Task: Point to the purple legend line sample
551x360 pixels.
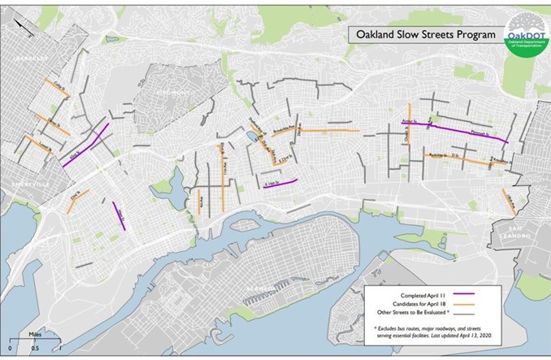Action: tap(467, 291)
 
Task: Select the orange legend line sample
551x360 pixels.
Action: tap(467, 301)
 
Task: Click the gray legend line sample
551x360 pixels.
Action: tap(467, 312)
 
